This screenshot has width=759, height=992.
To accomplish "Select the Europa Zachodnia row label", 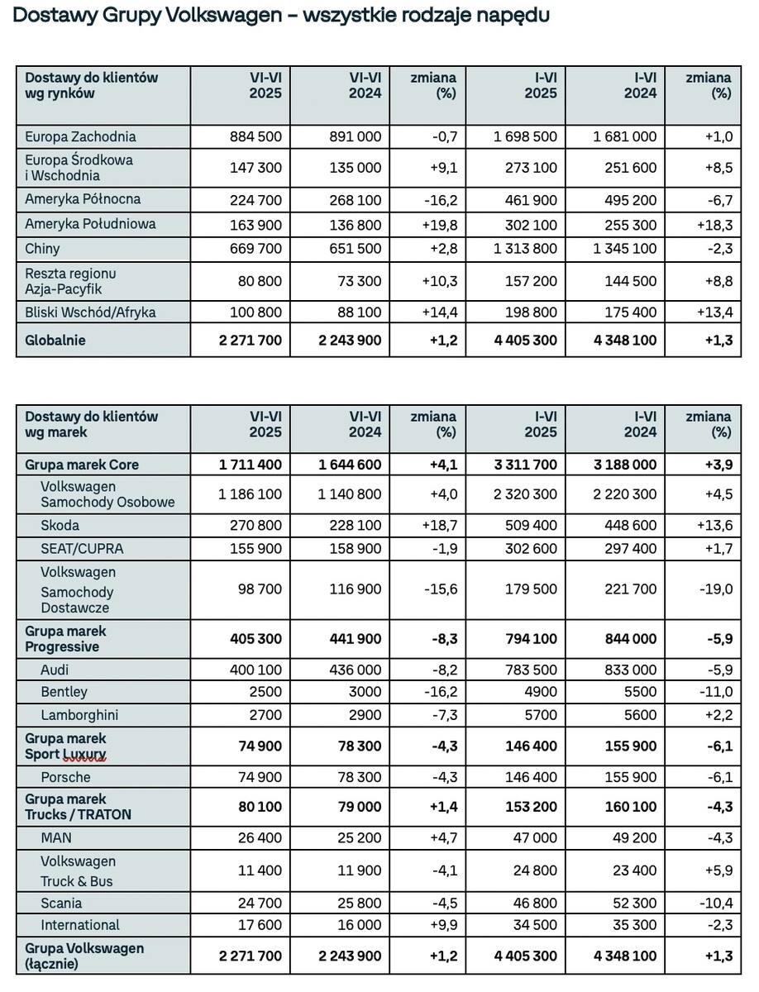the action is pos(80,136).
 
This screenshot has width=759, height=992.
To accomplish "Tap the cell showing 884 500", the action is pos(255,136).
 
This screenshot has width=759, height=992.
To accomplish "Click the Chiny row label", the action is pos(42,249).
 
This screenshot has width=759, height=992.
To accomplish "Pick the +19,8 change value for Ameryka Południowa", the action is pos(439,225).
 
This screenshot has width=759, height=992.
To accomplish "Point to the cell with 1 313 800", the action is pos(525,249).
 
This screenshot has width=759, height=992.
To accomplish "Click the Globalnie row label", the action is pos(55,340).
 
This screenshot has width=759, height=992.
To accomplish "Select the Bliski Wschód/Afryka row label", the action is pos(90,312).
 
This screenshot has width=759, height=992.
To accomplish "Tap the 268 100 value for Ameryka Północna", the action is pos(355,200).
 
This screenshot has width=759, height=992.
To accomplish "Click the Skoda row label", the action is pos(60,525).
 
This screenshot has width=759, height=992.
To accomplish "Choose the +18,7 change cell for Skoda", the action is pos(439,525).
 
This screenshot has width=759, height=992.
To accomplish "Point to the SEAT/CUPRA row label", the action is pos(82,549).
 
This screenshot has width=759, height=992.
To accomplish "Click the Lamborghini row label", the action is pos(79,715).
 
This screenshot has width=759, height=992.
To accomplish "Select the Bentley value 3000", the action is pos(365,692).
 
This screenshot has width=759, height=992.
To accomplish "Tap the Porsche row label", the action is pos(65,777).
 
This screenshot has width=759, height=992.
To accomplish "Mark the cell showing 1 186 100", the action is pos(250,494).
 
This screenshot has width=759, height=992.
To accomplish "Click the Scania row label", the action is pos(61,903).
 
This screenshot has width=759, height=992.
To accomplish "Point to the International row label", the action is pos(80,925).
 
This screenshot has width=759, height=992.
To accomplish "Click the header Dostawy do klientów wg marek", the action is pos(92,424).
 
